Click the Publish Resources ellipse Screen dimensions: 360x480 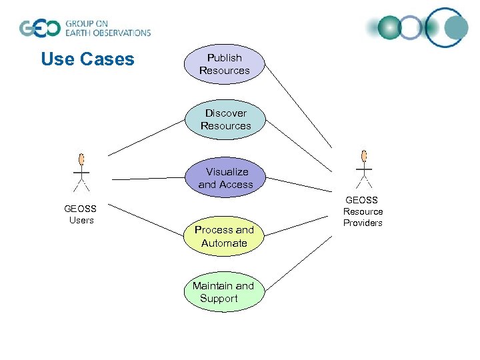[x=224, y=64]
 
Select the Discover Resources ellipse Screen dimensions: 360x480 [x=225, y=119]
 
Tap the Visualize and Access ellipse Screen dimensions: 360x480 [x=225, y=178]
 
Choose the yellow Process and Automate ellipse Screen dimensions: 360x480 [x=224, y=236]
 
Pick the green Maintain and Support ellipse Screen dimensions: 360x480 [x=223, y=292]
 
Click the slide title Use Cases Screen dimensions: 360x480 [x=87, y=59]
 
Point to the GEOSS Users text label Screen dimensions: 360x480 [x=81, y=214]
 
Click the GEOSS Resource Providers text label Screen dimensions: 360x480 [x=363, y=211]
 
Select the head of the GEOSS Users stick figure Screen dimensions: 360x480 [x=81, y=159]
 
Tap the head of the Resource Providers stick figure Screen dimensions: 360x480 [x=364, y=156]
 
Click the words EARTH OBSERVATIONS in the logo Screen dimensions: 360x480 [x=107, y=33]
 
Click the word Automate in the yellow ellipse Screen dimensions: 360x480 [x=224, y=243]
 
